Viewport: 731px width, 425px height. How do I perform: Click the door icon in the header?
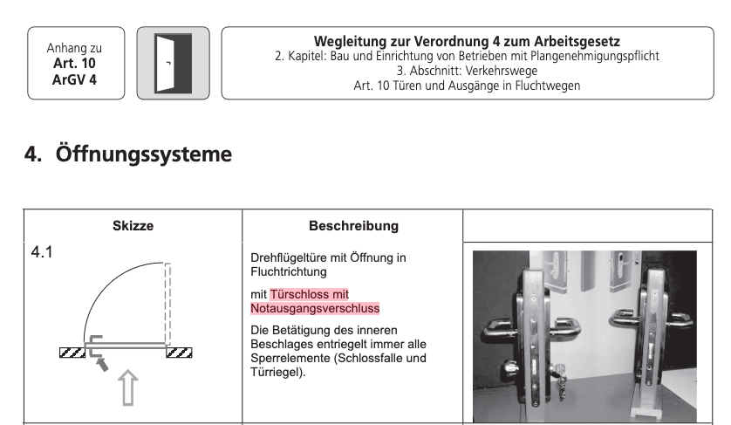pyautogui.click(x=173, y=63)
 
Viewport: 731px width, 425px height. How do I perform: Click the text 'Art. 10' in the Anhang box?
pyautogui.click(x=74, y=63)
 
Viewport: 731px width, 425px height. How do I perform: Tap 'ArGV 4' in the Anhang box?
pyautogui.click(x=74, y=79)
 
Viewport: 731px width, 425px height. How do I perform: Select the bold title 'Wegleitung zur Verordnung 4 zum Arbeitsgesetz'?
pyautogui.click(x=467, y=42)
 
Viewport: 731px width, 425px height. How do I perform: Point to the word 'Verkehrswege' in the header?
pyautogui.click(x=502, y=71)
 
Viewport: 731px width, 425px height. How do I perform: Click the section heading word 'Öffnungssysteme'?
pyautogui.click(x=144, y=154)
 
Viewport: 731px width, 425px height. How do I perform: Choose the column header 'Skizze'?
pyautogui.click(x=133, y=226)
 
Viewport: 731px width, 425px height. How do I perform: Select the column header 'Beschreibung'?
pyautogui.click(x=353, y=226)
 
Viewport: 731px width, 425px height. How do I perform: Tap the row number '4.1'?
pyautogui.click(x=42, y=252)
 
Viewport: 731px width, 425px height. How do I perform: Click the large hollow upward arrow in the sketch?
pyautogui.click(x=127, y=387)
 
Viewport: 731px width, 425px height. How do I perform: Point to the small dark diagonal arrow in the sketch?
pyautogui.click(x=101, y=362)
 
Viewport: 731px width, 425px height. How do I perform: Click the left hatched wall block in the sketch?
pyautogui.click(x=72, y=353)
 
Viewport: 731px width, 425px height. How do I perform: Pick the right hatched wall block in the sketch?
pyautogui.click(x=179, y=353)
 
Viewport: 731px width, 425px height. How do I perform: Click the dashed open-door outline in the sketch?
pyautogui.click(x=167, y=305)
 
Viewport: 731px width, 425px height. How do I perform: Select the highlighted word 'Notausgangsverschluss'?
pyautogui.click(x=315, y=308)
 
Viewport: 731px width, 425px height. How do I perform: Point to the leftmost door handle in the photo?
pyautogui.click(x=502, y=327)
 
